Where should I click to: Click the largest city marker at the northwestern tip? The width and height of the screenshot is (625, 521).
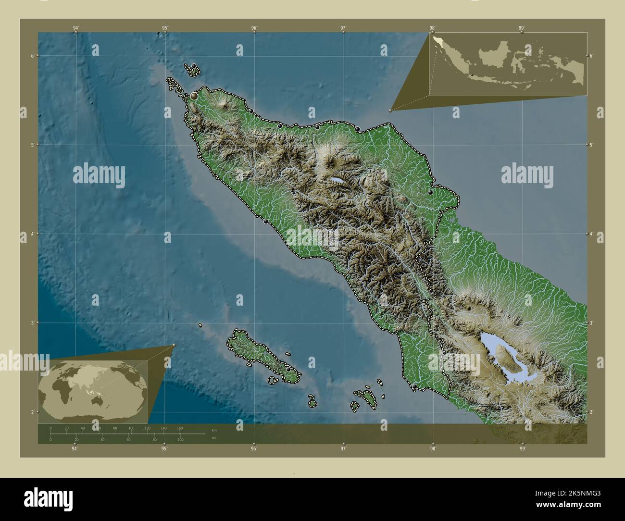tap(194, 97)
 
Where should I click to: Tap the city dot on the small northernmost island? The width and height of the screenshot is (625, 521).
tap(193, 66)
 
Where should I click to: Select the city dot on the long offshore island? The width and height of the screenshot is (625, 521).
tap(288, 369)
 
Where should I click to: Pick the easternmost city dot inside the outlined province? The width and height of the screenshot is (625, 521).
tap(431, 193)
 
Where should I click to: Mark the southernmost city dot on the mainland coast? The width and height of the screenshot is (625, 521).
tap(415, 386)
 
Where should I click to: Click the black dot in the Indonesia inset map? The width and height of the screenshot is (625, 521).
tap(472, 74)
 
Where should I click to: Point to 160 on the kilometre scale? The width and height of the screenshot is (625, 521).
tap(179, 428)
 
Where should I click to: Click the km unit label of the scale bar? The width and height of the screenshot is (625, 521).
tap(213, 430)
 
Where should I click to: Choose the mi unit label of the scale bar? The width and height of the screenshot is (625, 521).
tap(213, 438)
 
